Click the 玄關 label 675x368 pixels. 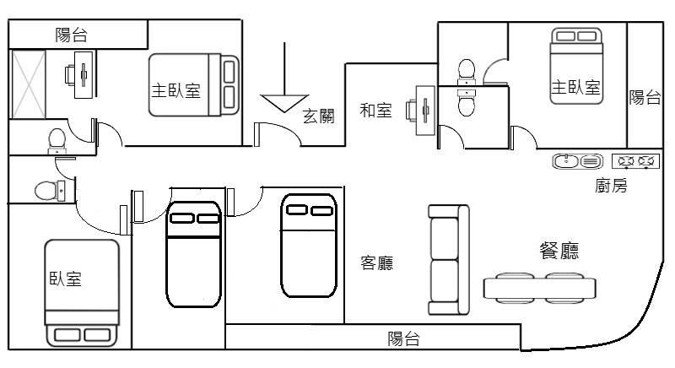point(318,117)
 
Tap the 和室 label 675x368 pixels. point(375,110)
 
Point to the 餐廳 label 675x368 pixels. point(559,251)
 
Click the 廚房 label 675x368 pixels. point(611,187)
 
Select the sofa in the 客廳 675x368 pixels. point(447,259)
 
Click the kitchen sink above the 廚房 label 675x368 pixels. point(577,161)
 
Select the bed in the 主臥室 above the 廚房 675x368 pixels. point(577,66)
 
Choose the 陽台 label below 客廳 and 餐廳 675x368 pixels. point(403,339)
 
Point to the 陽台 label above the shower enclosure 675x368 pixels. point(71,35)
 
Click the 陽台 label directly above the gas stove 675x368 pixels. point(645,97)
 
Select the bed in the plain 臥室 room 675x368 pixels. point(82,292)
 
